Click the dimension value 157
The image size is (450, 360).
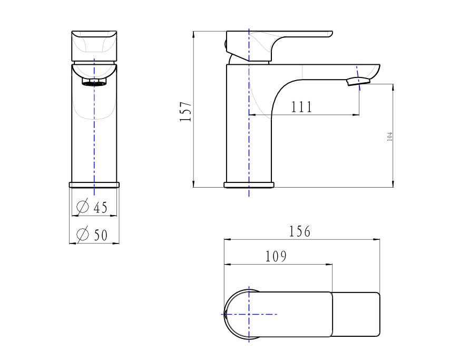click(185, 112)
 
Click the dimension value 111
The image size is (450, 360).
click(301, 107)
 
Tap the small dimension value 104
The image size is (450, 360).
click(390, 137)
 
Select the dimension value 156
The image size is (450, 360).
click(300, 231)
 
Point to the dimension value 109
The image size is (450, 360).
click(276, 257)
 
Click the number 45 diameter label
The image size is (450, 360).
click(100, 208)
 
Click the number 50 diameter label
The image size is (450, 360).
click(100, 235)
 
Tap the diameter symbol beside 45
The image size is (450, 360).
click(82, 207)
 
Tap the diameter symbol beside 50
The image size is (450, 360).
click(82, 234)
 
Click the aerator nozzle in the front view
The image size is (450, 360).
click(94, 82)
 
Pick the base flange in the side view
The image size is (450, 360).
click(249, 185)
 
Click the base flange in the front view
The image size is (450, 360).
click(94, 184)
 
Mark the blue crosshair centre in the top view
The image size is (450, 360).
click(249, 314)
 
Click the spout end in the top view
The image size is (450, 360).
click(356, 314)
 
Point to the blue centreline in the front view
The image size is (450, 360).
click(94, 132)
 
